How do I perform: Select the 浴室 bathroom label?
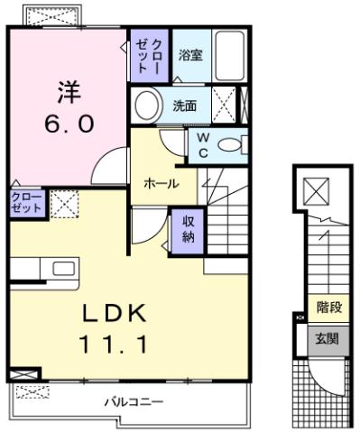coord(189,54)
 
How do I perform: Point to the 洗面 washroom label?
coord(185,106)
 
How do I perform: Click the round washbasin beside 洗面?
coord(146,106)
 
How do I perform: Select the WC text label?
coord(203,145)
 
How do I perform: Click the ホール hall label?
coord(161,183)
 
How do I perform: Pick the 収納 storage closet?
coord(188,230)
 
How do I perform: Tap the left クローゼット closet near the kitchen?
coord(25,203)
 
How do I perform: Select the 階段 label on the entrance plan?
coord(328,308)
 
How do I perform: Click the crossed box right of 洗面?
coord(227,105)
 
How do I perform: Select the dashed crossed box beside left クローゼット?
coord(63,203)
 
